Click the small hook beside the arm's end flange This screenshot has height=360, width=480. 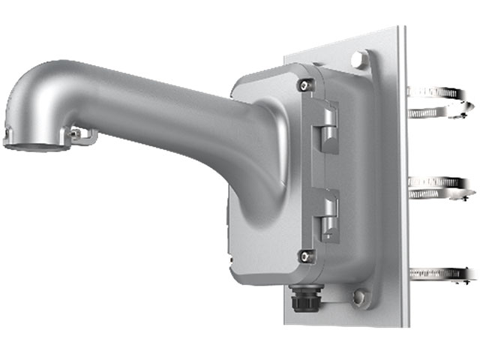tap(83, 134)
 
